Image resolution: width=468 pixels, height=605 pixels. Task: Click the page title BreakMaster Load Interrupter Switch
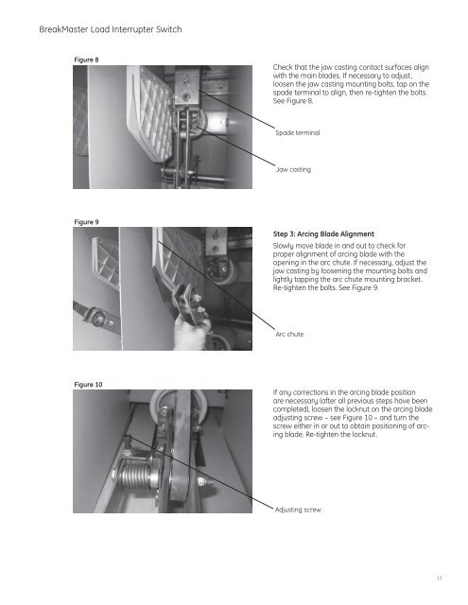click(x=111, y=29)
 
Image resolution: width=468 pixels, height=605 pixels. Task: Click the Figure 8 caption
click(x=86, y=60)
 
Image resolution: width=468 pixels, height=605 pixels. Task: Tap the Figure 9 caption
click(x=86, y=222)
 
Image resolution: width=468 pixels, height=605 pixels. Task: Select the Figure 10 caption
click(x=88, y=385)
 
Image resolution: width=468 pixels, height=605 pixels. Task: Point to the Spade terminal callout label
click(x=298, y=132)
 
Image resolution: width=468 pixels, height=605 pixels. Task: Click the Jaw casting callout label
click(x=293, y=169)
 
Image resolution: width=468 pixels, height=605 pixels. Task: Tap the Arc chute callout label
click(x=289, y=334)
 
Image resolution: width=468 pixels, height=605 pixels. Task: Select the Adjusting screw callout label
click(x=298, y=510)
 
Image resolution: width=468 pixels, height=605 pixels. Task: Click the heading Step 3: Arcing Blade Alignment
click(x=323, y=234)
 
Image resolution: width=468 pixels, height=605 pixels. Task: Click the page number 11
click(x=439, y=578)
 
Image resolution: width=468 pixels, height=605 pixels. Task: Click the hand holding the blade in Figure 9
click(x=191, y=332)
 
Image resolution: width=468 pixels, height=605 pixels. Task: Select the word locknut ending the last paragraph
click(x=365, y=435)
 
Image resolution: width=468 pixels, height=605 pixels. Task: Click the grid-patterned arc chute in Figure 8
click(x=151, y=112)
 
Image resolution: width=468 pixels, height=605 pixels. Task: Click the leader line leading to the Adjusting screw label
click(x=199, y=473)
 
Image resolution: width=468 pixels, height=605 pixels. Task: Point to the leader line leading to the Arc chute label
click(x=217, y=285)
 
